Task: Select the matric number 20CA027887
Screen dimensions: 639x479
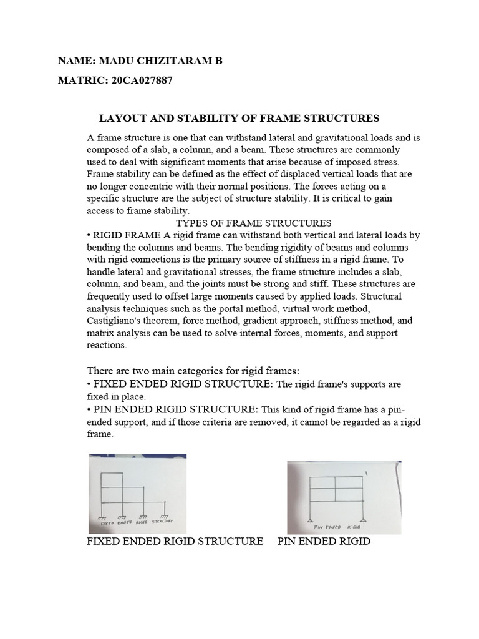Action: click(139, 80)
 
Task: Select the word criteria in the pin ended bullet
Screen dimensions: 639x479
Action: click(198, 422)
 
